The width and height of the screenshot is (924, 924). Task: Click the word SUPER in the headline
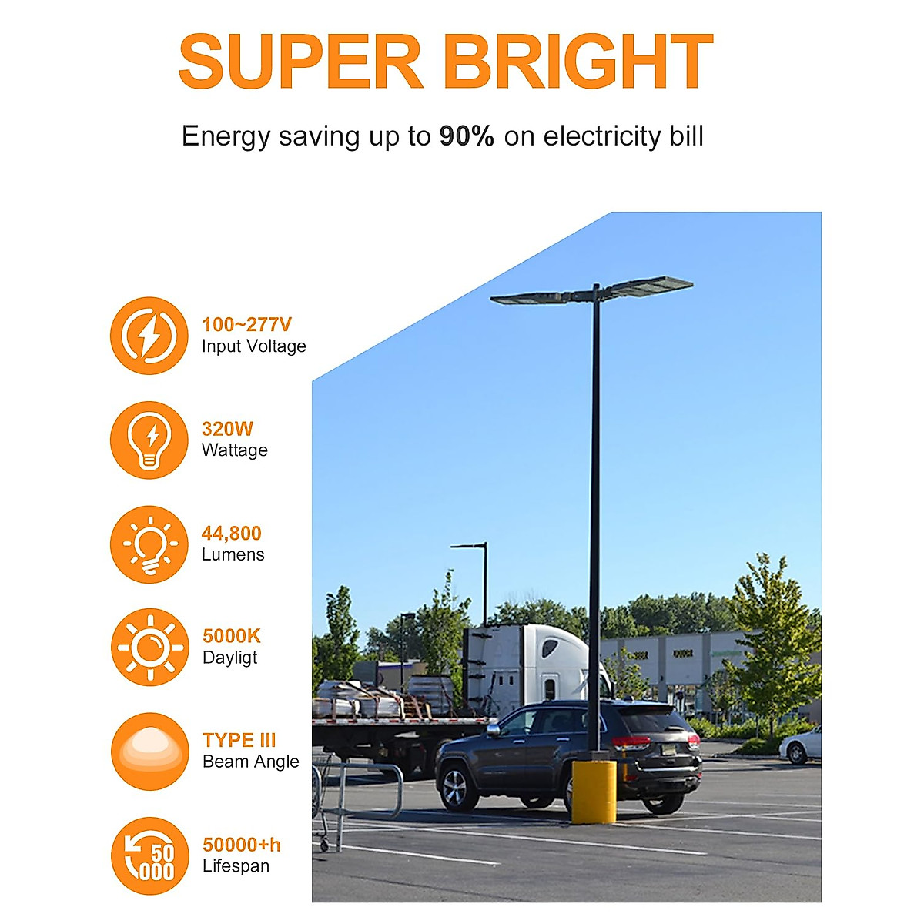click(300, 62)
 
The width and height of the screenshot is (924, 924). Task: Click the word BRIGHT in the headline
click(578, 62)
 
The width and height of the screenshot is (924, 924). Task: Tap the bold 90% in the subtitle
click(467, 136)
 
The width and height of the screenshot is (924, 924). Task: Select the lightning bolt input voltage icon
click(149, 336)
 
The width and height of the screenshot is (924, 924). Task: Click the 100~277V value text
click(246, 325)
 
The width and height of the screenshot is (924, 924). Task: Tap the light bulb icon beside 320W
click(149, 440)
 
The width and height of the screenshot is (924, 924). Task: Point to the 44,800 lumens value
click(232, 533)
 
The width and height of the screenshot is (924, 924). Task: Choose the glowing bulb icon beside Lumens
click(149, 544)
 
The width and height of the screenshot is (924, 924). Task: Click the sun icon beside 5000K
click(149, 647)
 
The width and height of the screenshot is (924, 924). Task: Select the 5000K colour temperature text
click(232, 636)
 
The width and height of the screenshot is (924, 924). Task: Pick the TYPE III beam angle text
click(239, 740)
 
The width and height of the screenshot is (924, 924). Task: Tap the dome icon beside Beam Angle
click(149, 751)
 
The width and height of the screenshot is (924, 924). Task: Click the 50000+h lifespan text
click(242, 845)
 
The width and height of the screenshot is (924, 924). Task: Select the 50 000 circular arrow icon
click(149, 855)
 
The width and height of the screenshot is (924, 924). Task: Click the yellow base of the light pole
click(594, 791)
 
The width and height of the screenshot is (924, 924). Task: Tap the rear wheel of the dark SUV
click(662, 797)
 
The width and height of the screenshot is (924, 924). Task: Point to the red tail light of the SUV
click(631, 742)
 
